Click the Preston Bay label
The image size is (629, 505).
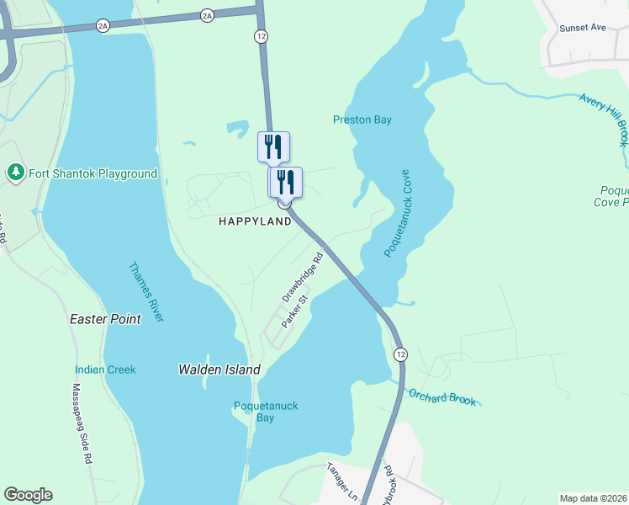pyautogui.click(x=362, y=120)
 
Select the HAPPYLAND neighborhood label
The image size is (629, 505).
pyautogui.click(x=255, y=221)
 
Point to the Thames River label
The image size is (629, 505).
pyautogui.click(x=145, y=291)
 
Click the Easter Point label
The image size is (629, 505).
pyautogui.click(x=104, y=320)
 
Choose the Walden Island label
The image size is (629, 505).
pyautogui.click(x=219, y=369)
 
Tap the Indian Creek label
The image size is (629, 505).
pyautogui.click(x=105, y=369)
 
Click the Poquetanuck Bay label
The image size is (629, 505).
pyautogui.click(x=266, y=412)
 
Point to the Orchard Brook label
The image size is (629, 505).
pyautogui.click(x=442, y=396)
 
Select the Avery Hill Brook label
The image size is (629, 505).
pyautogui.click(x=605, y=119)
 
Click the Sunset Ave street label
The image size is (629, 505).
pyautogui.click(x=583, y=28)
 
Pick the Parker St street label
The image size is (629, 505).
pyautogui.click(x=295, y=311)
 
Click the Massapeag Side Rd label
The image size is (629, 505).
pyautogui.click(x=81, y=424)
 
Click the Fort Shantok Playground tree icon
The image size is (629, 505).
pyautogui.click(x=15, y=173)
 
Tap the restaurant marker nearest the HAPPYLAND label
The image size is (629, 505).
pyautogui.click(x=285, y=183)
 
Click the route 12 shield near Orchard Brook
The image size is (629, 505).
pyautogui.click(x=400, y=353)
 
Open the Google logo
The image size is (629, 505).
pyautogui.click(x=28, y=495)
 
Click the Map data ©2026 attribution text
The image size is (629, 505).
pyautogui.click(x=592, y=498)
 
